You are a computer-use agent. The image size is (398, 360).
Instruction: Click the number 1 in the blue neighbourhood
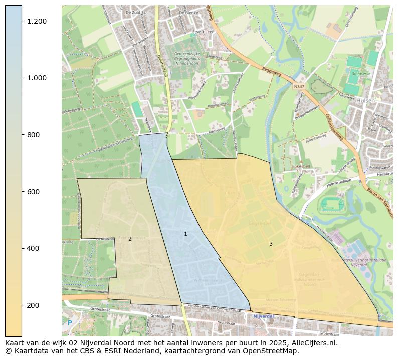click(185, 234)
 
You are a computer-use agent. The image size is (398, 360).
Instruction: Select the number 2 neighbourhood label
click(130, 239)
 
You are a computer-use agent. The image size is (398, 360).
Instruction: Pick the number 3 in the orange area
click(271, 244)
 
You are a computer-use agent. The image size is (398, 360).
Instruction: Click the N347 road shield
click(299, 86)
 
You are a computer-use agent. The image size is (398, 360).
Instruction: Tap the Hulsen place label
click(366, 100)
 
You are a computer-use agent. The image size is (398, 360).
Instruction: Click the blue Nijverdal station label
click(263, 316)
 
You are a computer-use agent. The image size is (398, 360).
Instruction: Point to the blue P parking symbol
click(70, 323)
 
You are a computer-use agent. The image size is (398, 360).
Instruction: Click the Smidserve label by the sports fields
click(360, 74)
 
